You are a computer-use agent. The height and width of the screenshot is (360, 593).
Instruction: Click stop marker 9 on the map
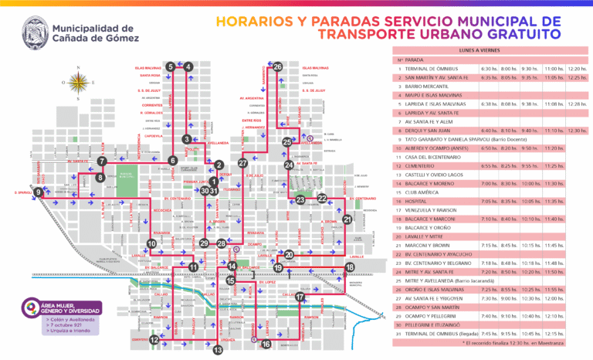pos(38,192)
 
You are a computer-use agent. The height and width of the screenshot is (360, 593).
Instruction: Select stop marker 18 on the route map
pos(350,267)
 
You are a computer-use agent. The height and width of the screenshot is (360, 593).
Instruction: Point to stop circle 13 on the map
pos(218,350)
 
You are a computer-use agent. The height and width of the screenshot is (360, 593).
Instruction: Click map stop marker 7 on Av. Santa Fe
pos(102,161)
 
